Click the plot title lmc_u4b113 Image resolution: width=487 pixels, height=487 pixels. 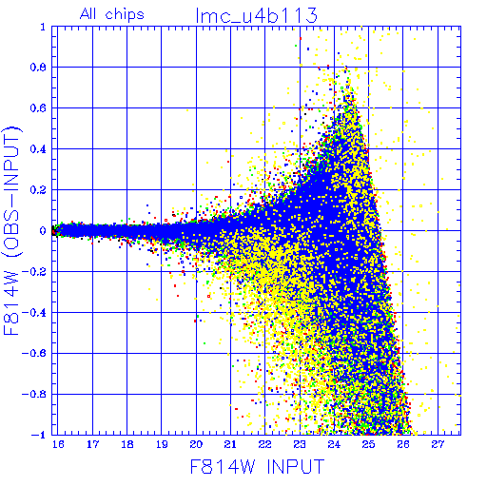coord(257,16)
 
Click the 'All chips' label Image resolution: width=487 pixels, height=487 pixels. coord(112,14)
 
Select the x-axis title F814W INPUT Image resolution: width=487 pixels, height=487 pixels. coord(257,466)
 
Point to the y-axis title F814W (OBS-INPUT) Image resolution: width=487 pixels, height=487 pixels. coord(11,231)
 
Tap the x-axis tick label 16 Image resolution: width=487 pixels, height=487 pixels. coord(58,444)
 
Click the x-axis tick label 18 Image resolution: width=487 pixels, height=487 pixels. coord(127,444)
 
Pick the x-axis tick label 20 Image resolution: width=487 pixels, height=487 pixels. coord(196,444)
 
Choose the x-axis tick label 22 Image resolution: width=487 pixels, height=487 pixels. coord(265,444)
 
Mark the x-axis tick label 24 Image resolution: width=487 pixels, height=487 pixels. coord(334,444)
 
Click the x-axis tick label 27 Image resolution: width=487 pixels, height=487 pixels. coord(438,444)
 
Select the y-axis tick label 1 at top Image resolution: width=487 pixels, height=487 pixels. coord(43,27)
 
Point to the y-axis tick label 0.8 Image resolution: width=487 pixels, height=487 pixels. coord(38,68)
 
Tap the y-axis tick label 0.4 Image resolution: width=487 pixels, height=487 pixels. coord(38,149)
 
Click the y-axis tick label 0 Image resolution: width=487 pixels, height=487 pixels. coord(43,231)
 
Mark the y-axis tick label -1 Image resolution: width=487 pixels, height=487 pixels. coord(39,435)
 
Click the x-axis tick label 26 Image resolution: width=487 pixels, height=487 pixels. coord(403,444)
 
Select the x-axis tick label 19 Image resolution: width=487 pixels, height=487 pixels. coord(162,444)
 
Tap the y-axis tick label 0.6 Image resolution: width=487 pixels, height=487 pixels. coord(38,108)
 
